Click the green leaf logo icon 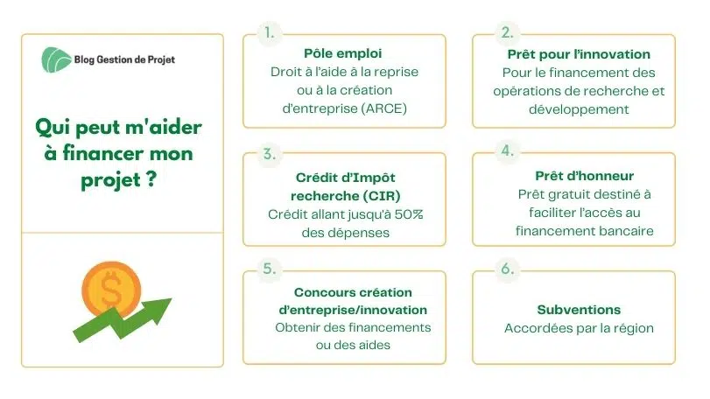[x=56, y=59]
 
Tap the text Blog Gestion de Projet [x=124, y=59]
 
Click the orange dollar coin [x=111, y=290]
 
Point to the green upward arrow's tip [x=172, y=299]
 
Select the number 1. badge [x=270, y=33]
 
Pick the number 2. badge [x=507, y=32]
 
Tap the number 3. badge [x=270, y=154]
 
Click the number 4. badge [x=507, y=150]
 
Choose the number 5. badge [x=270, y=269]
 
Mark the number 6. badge [x=507, y=269]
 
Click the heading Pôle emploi [x=343, y=53]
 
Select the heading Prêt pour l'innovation [x=579, y=54]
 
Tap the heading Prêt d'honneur [x=584, y=176]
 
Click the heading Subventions [x=579, y=310]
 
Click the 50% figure [x=408, y=214]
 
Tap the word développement [x=579, y=109]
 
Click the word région [x=634, y=329]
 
